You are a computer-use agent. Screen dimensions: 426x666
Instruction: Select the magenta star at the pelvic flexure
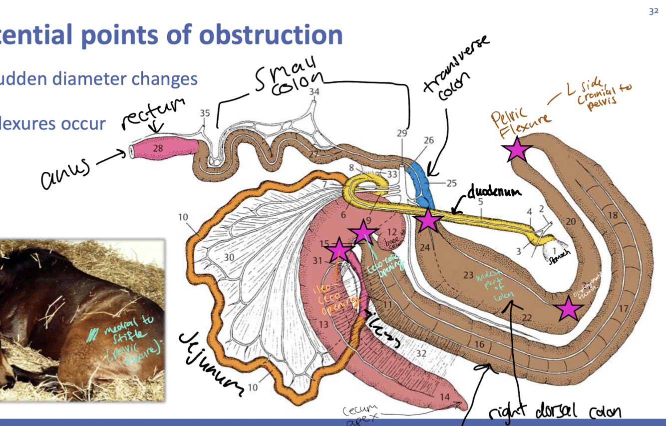[517, 149]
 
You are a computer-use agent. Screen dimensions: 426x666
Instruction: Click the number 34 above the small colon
[314, 92]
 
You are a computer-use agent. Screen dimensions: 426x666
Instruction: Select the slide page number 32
[654, 11]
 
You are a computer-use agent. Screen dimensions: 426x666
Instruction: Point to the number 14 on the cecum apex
[445, 398]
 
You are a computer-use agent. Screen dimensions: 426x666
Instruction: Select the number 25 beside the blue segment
[451, 183]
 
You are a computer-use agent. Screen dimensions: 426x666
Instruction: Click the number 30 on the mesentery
[229, 257]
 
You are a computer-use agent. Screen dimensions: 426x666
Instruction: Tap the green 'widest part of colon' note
[496, 285]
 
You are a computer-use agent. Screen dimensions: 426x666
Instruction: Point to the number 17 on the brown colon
[623, 309]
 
